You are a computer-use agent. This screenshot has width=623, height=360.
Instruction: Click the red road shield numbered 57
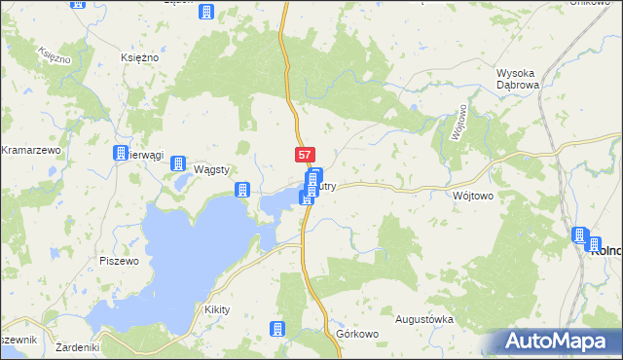coord(305,155)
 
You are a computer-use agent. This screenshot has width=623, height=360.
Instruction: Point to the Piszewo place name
coord(120,261)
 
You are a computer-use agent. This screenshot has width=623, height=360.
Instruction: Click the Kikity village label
coord(216,309)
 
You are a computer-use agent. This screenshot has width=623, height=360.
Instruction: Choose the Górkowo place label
coord(356,334)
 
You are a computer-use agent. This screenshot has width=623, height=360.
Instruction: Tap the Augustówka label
coord(424,319)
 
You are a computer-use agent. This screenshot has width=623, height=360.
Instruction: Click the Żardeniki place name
coord(79,347)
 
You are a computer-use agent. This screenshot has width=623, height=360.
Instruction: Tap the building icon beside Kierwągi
coord(121,154)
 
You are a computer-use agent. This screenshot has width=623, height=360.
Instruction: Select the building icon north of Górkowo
coord(279,329)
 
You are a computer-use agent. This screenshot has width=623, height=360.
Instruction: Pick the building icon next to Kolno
coord(579,235)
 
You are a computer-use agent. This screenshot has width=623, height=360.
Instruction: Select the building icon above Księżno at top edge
coord(206,12)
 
